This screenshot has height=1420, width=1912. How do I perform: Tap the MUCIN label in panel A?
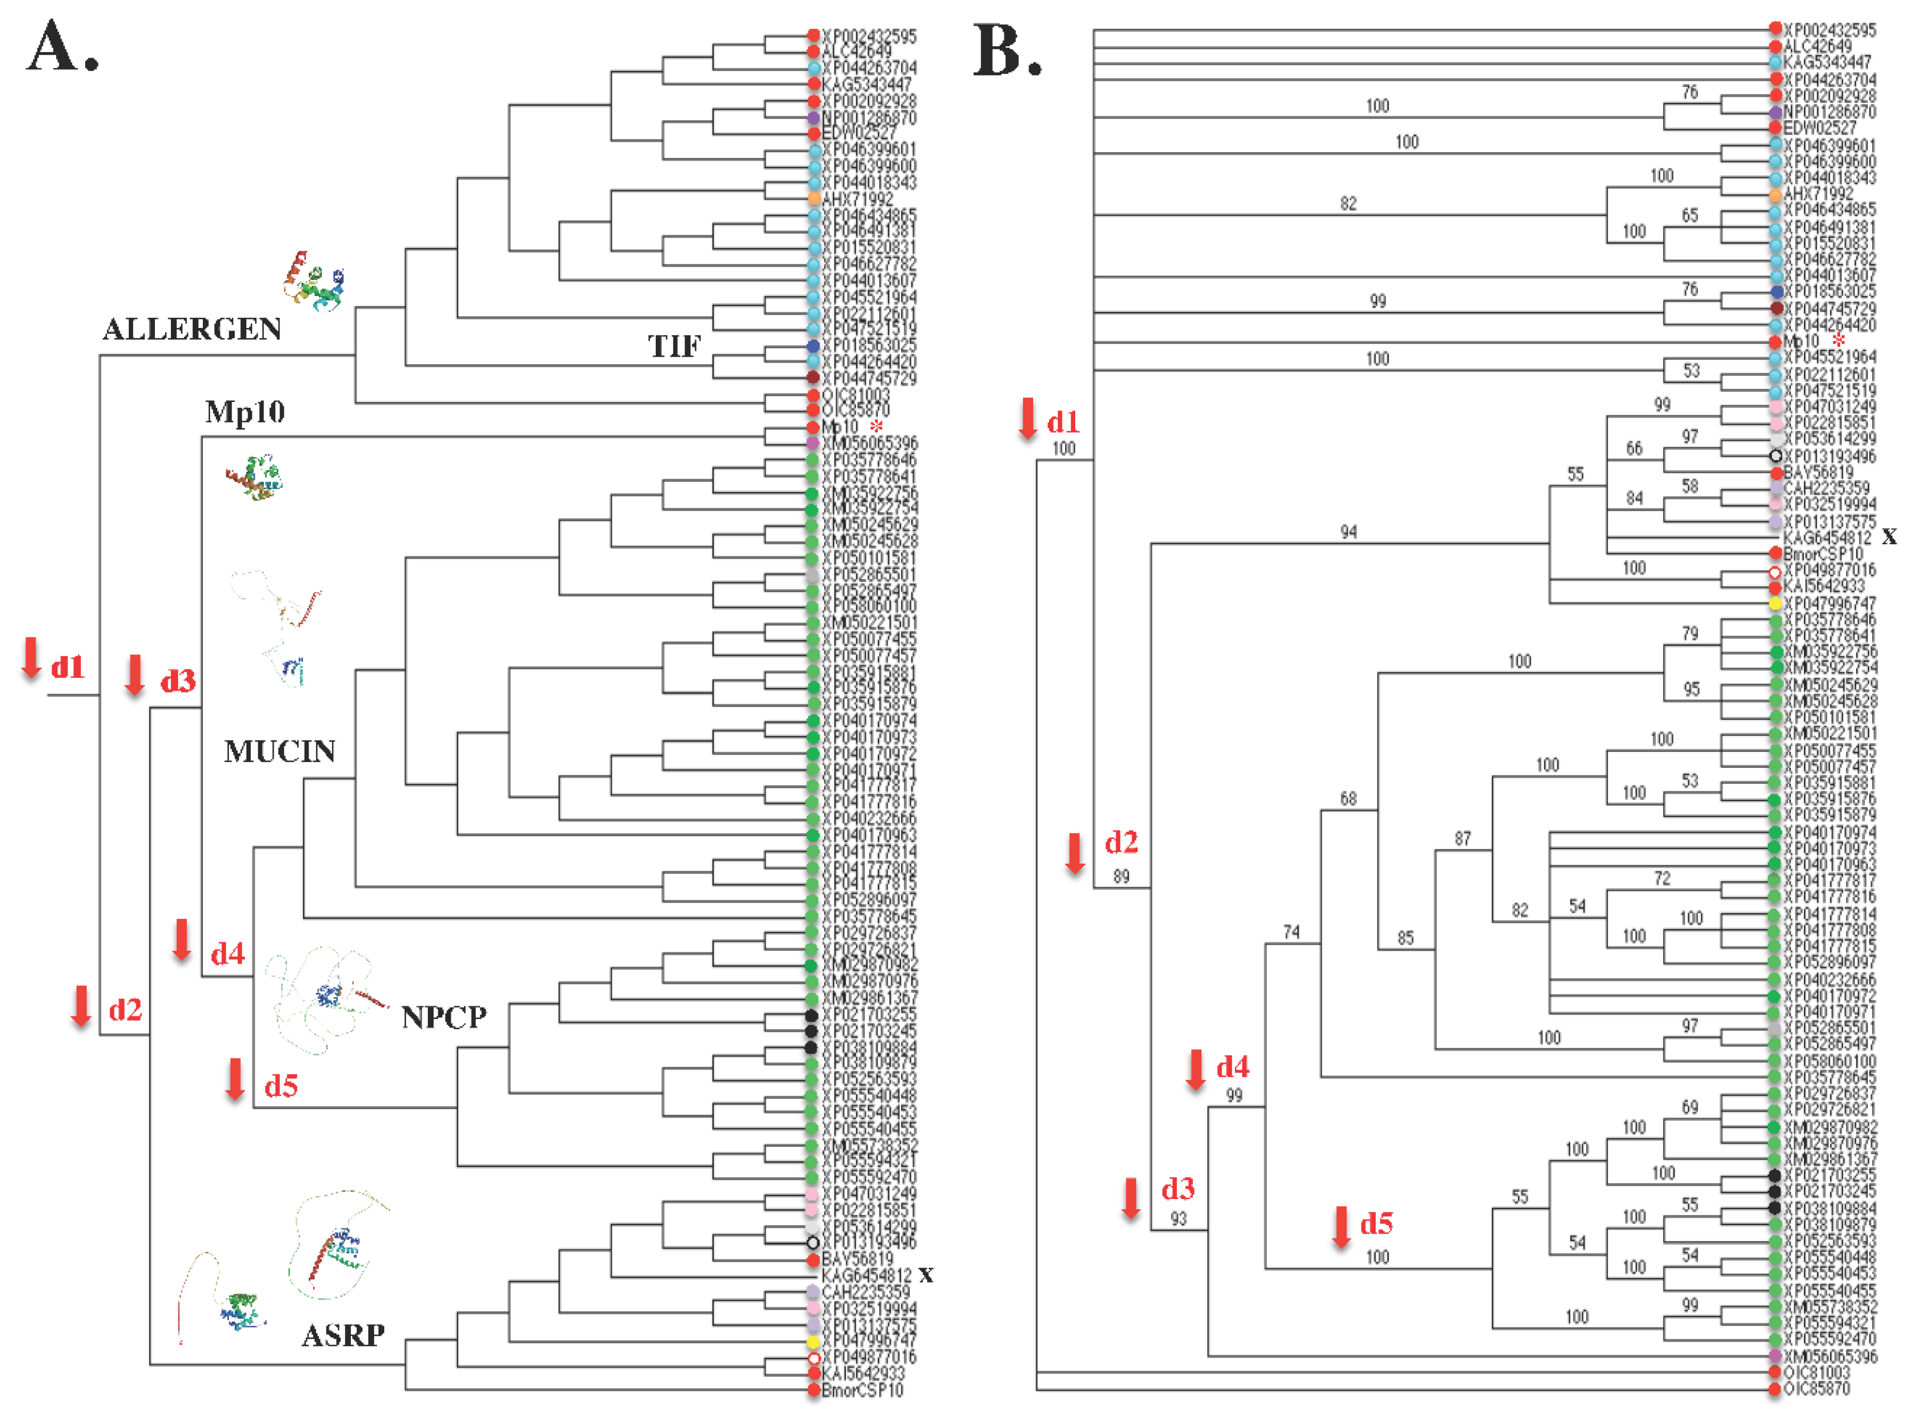tap(279, 752)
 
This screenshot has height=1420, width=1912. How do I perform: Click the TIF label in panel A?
tap(674, 347)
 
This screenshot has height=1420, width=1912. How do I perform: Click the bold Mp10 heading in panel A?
tap(245, 413)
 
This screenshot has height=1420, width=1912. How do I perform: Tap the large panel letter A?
tap(62, 47)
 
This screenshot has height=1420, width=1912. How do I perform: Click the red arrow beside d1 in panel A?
tap(31, 658)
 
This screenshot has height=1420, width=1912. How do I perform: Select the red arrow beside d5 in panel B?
tap(1340, 1227)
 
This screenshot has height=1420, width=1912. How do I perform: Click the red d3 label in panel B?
tap(1177, 1189)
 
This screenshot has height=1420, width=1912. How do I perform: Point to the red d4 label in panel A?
tap(228, 954)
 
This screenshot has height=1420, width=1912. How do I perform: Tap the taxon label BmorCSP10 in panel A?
tap(862, 1390)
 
